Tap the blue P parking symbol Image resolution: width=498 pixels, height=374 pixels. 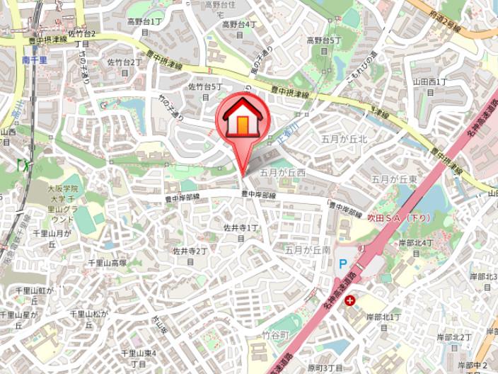[343, 263]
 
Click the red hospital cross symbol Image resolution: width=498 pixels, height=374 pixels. [349, 300]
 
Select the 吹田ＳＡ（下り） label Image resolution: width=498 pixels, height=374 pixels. [399, 217]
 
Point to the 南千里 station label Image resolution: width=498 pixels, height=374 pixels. [34, 60]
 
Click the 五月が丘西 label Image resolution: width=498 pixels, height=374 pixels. [282, 172]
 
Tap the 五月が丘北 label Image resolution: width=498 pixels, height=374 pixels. [344, 139]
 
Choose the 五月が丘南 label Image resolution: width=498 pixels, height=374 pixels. [308, 249]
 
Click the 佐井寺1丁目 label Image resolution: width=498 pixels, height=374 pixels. [241, 232]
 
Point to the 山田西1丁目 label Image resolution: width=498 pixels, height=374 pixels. [429, 86]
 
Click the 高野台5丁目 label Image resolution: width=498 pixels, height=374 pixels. [324, 45]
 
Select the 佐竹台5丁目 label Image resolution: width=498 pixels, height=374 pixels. [205, 91]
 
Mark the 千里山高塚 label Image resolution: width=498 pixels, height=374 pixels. [107, 263]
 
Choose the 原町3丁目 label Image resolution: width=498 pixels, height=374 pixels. [325, 368]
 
